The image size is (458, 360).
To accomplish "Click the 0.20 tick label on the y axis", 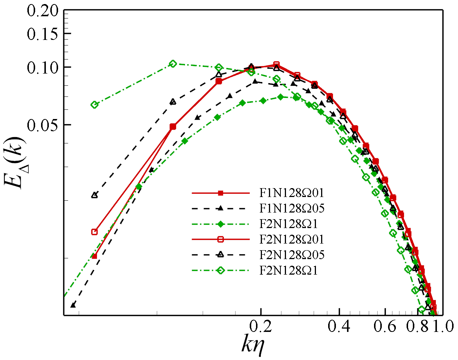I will click(43, 11).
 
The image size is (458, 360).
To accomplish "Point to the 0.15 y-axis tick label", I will click(43, 34).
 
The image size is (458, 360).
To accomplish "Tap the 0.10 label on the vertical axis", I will click(43, 67).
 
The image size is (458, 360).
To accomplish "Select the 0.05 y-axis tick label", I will click(43, 125).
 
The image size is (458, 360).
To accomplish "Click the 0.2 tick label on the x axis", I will click(261, 326).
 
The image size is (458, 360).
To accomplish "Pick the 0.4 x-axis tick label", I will click(339, 326).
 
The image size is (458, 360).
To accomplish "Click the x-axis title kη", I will click(253, 346).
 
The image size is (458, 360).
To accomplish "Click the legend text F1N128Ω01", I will click(292, 193).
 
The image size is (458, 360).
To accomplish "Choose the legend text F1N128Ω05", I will click(292, 208).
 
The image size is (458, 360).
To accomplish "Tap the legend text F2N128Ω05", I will click(292, 255).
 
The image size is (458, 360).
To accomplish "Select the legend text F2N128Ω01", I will click(292, 240).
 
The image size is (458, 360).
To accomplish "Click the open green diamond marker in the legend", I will click(220, 271).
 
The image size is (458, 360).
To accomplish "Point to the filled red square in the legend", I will click(220, 193).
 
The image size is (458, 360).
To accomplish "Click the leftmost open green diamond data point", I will click(94, 105).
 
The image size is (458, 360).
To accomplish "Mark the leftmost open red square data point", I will click(94, 232).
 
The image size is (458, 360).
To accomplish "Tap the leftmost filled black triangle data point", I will click(73, 305).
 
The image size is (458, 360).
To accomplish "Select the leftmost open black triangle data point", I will click(94, 195).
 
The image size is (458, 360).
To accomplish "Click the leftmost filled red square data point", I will click(94, 256).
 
